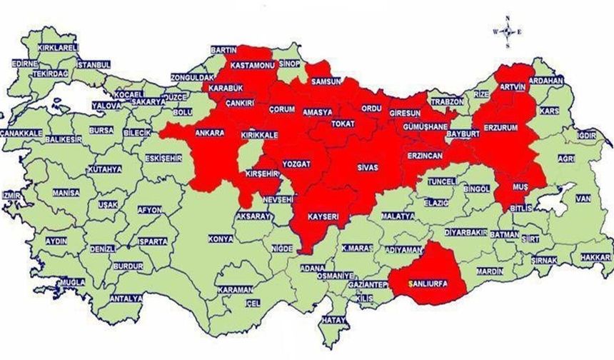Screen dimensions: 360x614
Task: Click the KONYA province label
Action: click(220, 238)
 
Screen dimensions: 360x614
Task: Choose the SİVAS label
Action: click(367, 166)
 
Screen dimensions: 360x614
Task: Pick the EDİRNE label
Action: click(25, 64)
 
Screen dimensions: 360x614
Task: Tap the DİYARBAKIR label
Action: click(465, 233)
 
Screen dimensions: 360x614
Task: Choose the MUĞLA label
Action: click(71, 283)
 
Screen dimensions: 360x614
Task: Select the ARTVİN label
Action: click(512, 86)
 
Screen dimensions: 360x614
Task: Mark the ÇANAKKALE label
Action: click(21, 133)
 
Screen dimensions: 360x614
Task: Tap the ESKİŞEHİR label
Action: click(163, 158)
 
